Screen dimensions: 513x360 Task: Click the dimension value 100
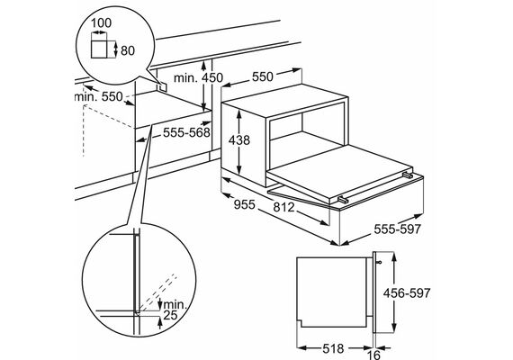[x=101, y=22]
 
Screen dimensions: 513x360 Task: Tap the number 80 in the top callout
[x=128, y=50]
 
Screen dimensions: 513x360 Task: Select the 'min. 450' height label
[x=198, y=78]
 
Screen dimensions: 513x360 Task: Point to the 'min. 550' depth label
[x=98, y=96]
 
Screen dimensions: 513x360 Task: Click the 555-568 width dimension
[x=186, y=132]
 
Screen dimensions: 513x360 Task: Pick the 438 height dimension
[x=239, y=140]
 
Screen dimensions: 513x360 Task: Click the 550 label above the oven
[x=263, y=76]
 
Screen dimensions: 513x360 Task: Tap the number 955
[x=245, y=204]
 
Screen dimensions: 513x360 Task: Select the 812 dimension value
[x=283, y=207]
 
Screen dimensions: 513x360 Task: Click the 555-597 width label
[x=397, y=229]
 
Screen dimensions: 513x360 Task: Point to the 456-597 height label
[x=407, y=292]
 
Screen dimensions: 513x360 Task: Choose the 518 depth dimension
[x=333, y=348]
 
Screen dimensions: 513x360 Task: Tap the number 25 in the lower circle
[x=170, y=315]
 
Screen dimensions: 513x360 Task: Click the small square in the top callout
[x=99, y=49]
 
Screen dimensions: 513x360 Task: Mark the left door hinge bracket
[x=343, y=199]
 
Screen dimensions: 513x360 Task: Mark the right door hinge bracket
[x=408, y=175]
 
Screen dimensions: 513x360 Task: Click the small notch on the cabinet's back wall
[x=163, y=86]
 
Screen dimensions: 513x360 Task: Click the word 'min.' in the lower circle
[x=175, y=304]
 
